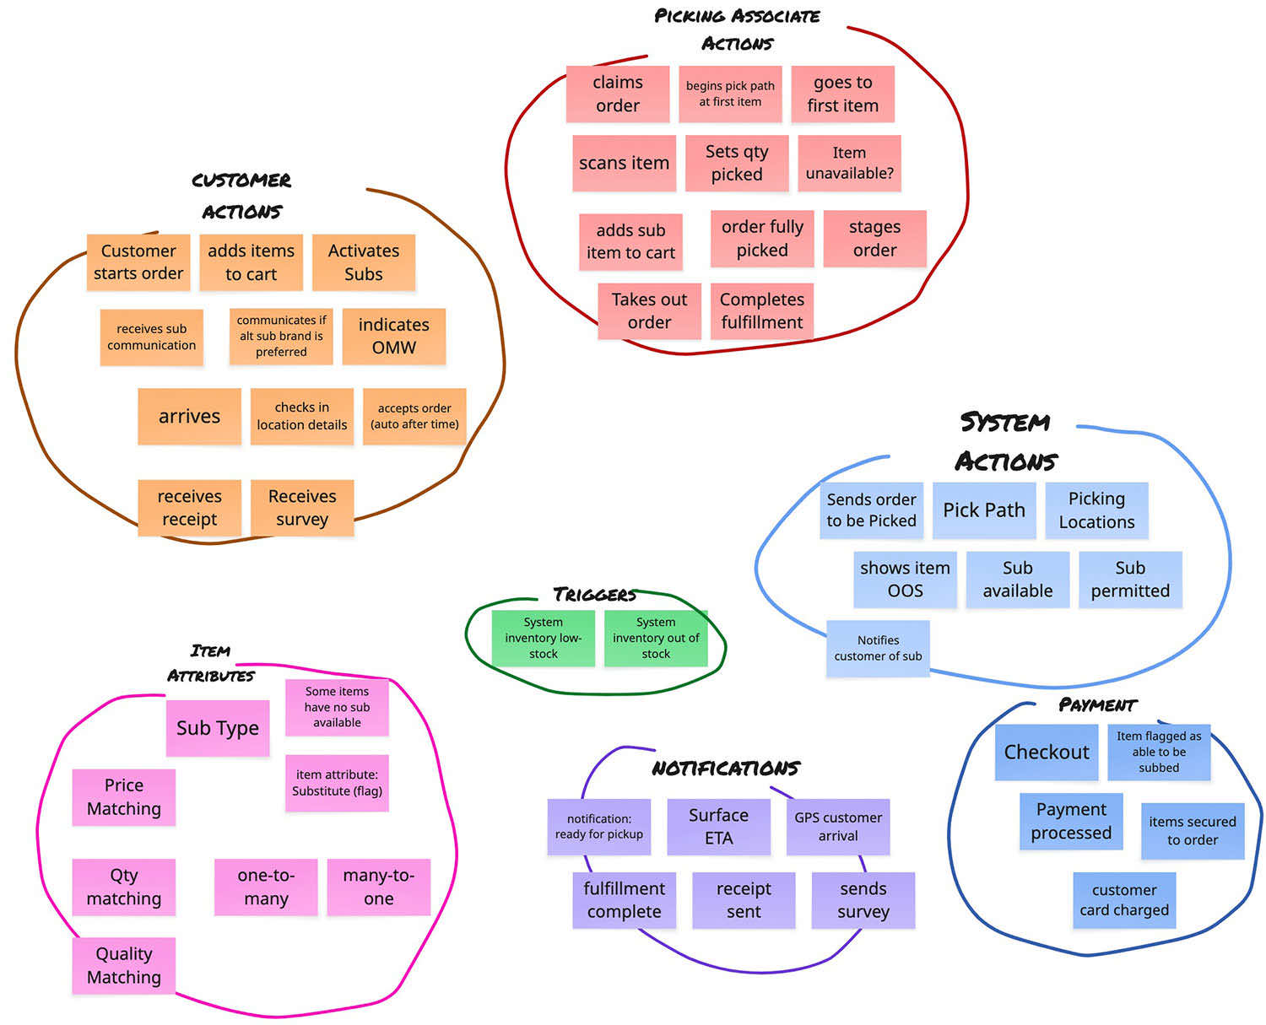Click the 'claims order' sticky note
pos(617,94)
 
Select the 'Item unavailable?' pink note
pos(849,163)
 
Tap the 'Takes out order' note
pos(649,310)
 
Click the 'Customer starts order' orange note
pos(138,262)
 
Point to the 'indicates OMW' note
pos(393,336)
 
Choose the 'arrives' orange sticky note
pos(189,416)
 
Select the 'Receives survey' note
pos(302,507)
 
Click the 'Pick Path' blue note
pos(984,510)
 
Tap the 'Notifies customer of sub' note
pos(878,648)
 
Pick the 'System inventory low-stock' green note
pos(543,638)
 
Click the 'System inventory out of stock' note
pos(656,638)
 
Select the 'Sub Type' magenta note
pos(218,728)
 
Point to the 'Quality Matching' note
pos(123,965)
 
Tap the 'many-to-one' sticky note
pos(378,887)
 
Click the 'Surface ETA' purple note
pos(718,827)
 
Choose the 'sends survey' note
pos(863,900)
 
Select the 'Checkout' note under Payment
pos(1047,752)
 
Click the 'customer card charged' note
pos(1124,900)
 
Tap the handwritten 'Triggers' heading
pos(594,595)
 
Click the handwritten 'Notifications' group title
pos(725,768)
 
